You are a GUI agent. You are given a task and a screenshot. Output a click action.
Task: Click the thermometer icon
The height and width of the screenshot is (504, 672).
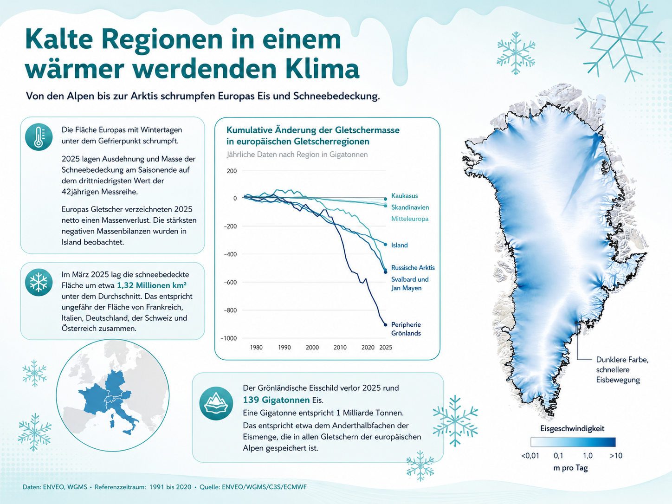(39, 137)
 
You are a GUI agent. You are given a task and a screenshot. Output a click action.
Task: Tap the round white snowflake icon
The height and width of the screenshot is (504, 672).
(39, 282)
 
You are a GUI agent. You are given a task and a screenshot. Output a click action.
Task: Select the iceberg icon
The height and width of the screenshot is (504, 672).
(216, 403)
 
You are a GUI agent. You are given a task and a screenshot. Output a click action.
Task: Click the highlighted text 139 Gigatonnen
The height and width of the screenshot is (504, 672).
(276, 400)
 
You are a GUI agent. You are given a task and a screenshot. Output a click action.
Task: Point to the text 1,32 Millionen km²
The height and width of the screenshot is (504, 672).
(152, 285)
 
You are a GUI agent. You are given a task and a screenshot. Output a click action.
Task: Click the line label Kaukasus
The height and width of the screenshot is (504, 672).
(404, 196)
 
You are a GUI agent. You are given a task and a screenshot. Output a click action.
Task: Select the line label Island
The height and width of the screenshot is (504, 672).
(400, 245)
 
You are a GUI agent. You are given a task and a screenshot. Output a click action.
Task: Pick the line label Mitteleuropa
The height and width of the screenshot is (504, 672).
(410, 219)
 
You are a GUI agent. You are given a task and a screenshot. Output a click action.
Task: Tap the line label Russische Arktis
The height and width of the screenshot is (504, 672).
(413, 268)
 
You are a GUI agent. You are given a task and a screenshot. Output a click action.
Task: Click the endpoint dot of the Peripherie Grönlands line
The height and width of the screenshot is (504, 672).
(386, 325)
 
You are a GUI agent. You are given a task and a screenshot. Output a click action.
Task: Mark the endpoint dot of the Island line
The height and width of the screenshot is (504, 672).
(386, 245)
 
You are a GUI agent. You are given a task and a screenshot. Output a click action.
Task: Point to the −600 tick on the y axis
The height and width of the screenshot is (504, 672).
(230, 282)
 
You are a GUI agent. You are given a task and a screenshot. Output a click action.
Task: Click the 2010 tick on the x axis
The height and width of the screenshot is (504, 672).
(340, 347)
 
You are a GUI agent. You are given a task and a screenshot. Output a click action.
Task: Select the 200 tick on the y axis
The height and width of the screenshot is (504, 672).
(232, 171)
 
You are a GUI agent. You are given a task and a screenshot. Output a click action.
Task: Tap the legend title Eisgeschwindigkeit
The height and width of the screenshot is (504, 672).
(572, 428)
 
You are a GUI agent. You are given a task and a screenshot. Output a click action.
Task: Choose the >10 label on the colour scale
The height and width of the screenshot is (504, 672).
(616, 456)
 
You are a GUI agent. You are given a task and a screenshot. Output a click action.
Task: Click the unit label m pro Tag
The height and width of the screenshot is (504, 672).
(571, 468)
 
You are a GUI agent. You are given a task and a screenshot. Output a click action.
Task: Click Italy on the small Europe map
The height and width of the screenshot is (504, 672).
(124, 416)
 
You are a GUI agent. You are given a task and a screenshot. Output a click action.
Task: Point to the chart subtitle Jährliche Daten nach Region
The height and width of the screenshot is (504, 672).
(271, 155)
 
